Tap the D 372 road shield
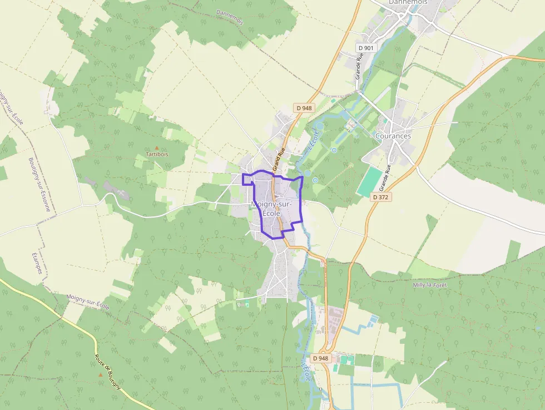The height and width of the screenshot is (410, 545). coord(381,197)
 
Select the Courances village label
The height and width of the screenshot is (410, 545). coord(393,136)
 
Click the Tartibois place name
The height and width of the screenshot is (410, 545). coord(157,154)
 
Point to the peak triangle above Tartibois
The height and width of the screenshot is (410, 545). coord(157,147)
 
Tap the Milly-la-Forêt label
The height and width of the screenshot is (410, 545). coord(430,285)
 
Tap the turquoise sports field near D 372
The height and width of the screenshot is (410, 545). coord(370,182)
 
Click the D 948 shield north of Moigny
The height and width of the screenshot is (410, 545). coord(304,108)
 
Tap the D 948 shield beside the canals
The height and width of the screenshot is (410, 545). coord(321,358)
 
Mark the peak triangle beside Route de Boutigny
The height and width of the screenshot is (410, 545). coord(101,374)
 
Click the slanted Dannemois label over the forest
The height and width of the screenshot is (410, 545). coord(230,20)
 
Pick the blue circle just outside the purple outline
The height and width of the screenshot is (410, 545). coord(315,180)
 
